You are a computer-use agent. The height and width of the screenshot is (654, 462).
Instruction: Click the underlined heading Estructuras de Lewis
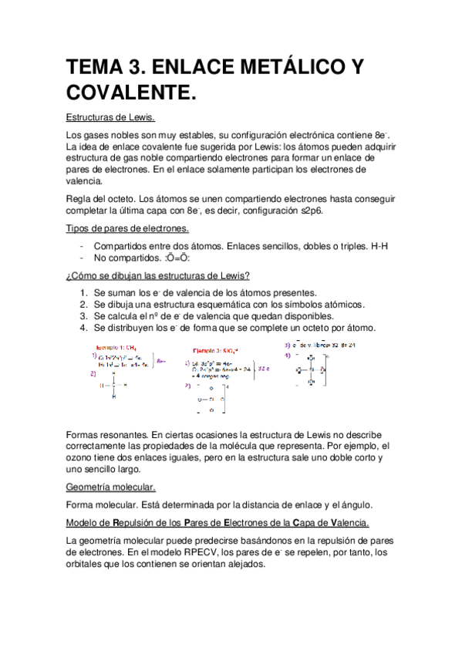(110, 118)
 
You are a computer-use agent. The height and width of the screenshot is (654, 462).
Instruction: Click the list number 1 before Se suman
(83, 293)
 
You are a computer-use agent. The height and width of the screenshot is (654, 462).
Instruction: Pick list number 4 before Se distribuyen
(83, 328)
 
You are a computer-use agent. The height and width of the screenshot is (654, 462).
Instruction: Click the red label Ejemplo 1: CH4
(120, 347)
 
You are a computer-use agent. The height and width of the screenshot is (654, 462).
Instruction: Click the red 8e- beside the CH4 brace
(161, 359)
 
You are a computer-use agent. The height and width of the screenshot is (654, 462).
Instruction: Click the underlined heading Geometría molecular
(110, 487)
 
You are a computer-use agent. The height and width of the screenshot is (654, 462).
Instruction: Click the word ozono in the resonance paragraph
(81, 458)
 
